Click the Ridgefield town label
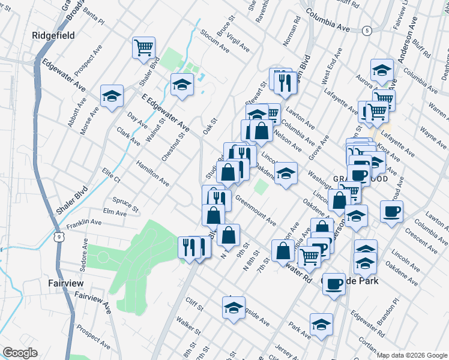tap(53, 36)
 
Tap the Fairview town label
tap(67, 282)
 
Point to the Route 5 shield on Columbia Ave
tap(367, 30)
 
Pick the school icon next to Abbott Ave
tap(112, 95)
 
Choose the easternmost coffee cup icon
tap(391, 211)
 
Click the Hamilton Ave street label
tap(152, 173)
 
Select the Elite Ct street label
tap(112, 176)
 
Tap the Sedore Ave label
tap(85, 253)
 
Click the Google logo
tap(20, 353)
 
